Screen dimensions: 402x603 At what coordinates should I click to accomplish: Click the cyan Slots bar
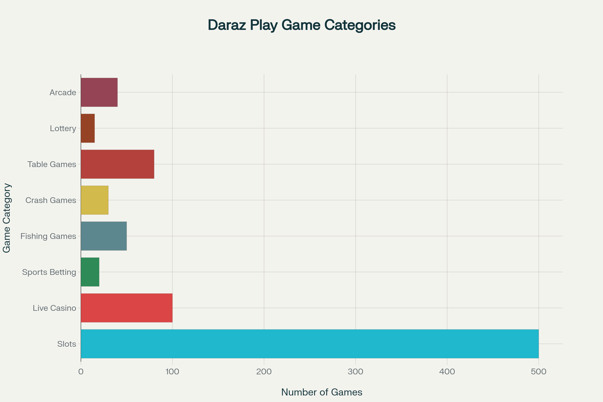[x=310, y=344]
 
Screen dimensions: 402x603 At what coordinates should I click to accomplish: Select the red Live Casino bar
[x=127, y=308]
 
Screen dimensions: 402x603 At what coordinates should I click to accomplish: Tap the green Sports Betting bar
[x=90, y=272]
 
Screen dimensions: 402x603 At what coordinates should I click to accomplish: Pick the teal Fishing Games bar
[x=104, y=236]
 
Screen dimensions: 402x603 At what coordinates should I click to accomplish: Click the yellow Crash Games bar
[x=95, y=200]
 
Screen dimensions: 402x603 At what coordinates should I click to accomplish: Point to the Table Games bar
[x=117, y=164]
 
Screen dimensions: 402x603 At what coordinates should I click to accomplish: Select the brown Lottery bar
[x=88, y=128]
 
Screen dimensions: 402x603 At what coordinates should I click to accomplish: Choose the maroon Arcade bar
[x=99, y=92]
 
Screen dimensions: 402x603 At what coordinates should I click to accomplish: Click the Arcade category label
[x=63, y=92]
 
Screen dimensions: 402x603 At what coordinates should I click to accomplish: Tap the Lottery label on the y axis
[x=63, y=128]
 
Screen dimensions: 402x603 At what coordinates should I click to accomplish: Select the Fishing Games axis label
[x=48, y=236]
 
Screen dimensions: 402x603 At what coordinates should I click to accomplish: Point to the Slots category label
[x=67, y=344]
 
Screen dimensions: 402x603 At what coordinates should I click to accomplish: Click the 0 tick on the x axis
[x=81, y=372]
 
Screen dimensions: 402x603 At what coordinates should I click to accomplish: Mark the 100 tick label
[x=172, y=372]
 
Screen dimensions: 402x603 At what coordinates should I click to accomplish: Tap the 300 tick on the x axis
[x=355, y=372]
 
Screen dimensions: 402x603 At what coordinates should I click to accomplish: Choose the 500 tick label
[x=539, y=372]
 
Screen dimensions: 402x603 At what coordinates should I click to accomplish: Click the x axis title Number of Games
[x=322, y=392]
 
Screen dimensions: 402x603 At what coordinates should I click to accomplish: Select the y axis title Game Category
[x=7, y=218]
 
